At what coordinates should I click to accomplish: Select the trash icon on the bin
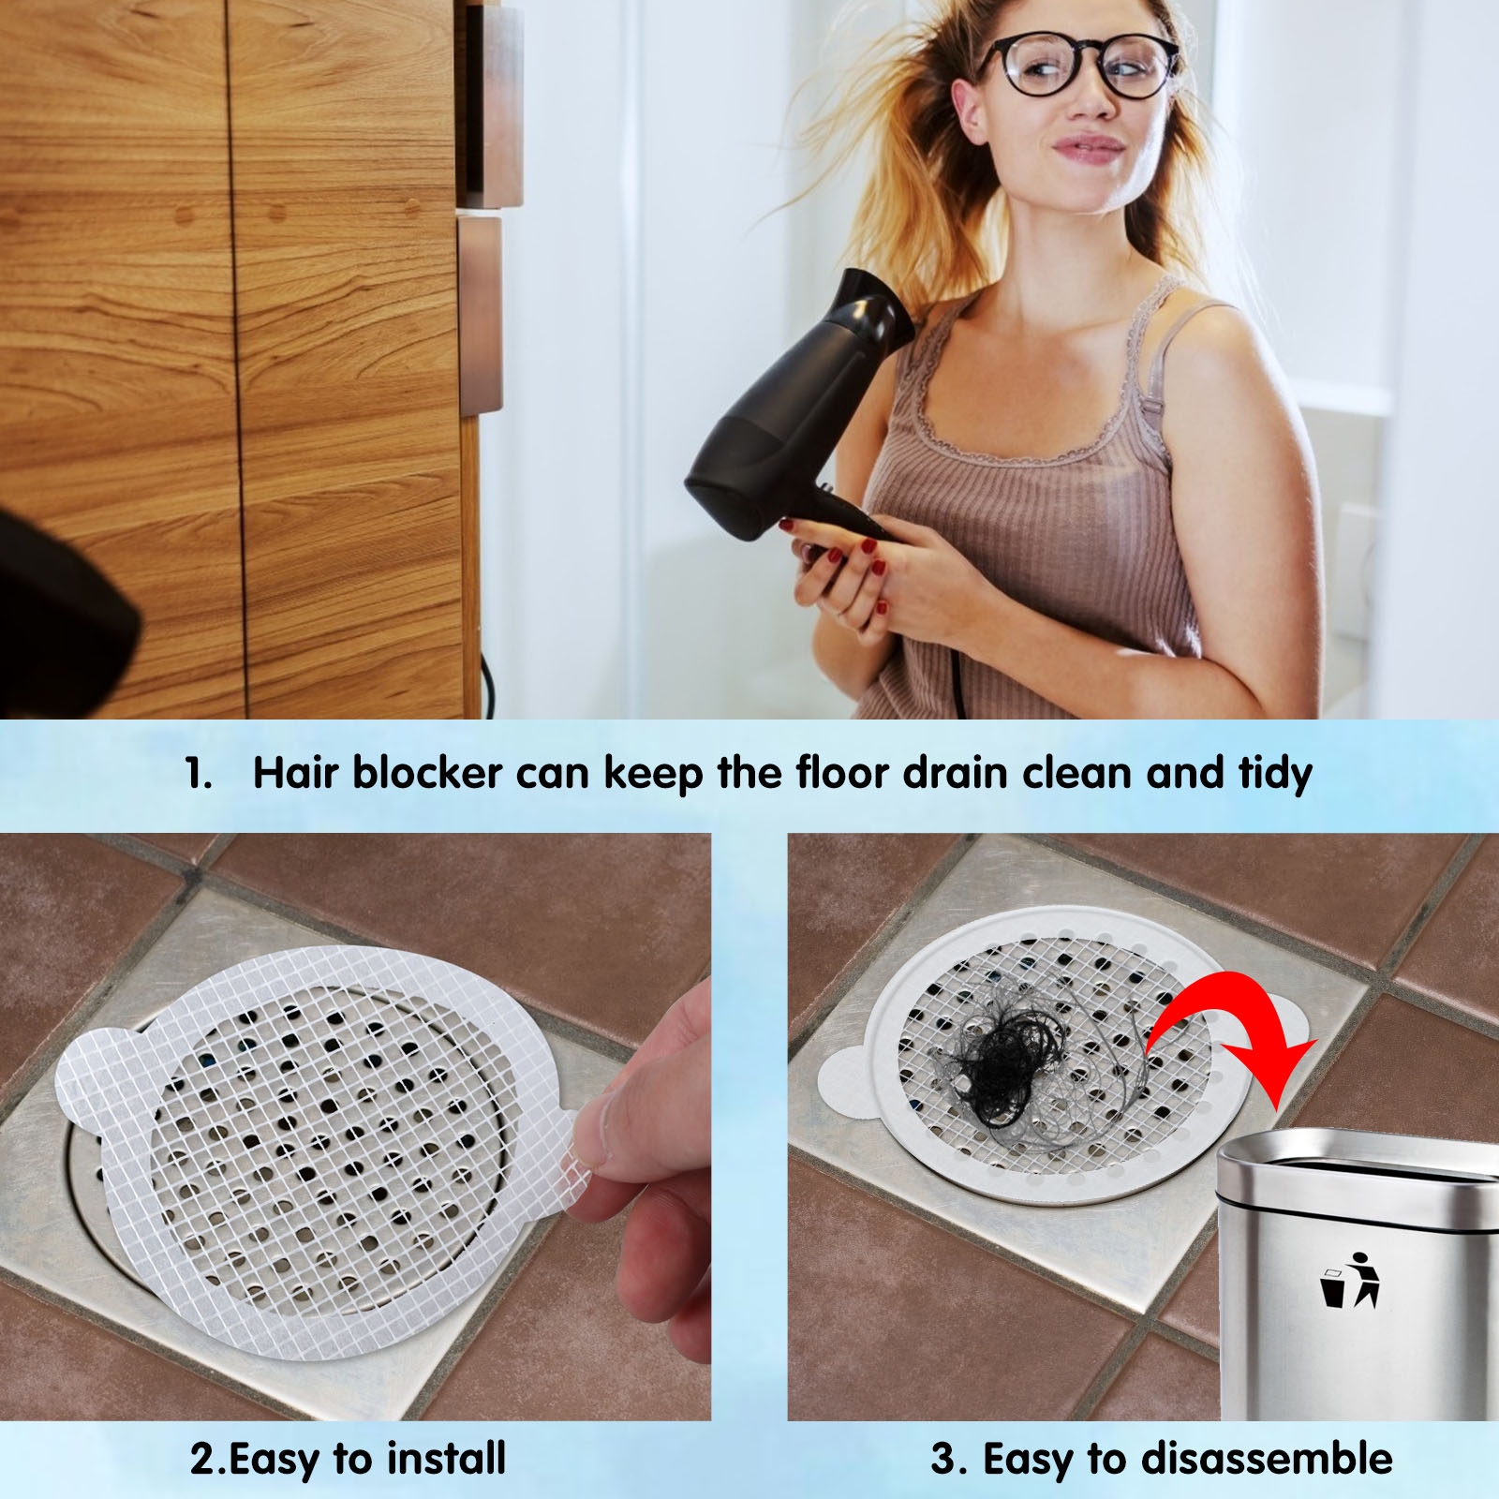1350,1280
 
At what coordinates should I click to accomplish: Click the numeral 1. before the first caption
198,774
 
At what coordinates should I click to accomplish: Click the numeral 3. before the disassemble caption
948,1460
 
